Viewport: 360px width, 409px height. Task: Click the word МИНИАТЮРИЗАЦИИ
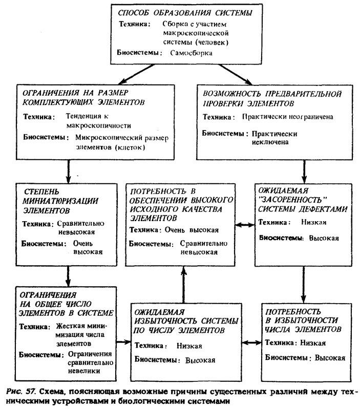(x=61, y=200)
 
